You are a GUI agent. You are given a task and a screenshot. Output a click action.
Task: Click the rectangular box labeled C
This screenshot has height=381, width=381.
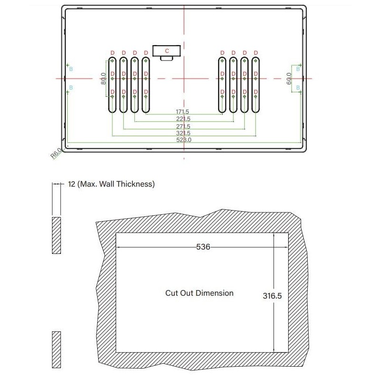click(166, 50)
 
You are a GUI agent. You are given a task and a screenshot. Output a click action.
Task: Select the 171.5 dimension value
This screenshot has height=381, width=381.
click(183, 111)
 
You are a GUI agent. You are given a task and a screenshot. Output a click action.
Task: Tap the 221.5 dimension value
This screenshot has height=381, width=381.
click(183, 119)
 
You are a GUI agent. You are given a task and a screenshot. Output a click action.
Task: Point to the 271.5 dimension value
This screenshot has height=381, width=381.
click(183, 126)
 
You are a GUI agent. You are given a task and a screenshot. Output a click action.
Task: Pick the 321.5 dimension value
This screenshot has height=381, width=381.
click(183, 133)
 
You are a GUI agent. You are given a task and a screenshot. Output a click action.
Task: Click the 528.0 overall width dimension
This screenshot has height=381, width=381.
click(183, 140)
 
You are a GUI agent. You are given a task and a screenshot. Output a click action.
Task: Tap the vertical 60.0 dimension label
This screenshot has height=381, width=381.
click(289, 78)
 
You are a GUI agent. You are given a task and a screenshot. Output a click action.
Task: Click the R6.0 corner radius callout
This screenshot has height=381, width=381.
click(56, 154)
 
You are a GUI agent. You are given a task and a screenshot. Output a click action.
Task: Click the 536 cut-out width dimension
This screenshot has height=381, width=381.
click(203, 247)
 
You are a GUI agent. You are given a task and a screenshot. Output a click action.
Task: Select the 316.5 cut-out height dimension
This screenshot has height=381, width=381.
click(272, 295)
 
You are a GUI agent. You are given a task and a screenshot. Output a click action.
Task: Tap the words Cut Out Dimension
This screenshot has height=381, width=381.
click(199, 293)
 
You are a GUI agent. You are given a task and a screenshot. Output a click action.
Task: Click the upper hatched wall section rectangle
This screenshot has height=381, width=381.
click(56, 235)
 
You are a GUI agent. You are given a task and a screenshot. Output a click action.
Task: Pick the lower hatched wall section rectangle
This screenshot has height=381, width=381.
click(56, 350)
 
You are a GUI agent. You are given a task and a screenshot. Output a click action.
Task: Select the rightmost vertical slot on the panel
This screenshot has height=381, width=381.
click(256, 85)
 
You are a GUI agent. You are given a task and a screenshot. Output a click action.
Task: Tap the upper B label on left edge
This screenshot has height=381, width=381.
click(71, 69)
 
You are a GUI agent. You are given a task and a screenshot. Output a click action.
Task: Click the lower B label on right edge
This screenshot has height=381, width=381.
click(298, 88)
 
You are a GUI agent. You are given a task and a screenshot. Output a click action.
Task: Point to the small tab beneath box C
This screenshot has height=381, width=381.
click(166, 58)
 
